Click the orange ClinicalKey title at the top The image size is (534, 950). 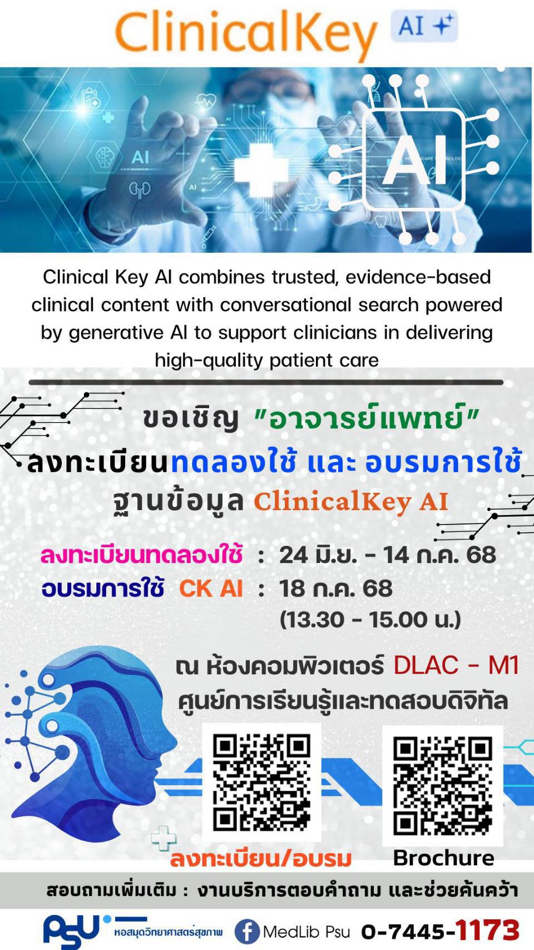coord(246,35)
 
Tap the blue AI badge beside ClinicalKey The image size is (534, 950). coord(424,26)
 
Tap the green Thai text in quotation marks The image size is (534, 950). coord(366,418)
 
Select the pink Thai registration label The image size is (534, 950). coord(141,555)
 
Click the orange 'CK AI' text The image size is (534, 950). coord(211,589)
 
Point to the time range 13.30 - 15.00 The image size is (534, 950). coord(370,620)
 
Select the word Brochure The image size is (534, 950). coord(444,858)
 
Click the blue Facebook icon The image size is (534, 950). coord(246,932)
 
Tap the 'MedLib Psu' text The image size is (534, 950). coord(306,932)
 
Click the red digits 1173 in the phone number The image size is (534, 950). coord(488,931)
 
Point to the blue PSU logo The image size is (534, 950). coord(76,931)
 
